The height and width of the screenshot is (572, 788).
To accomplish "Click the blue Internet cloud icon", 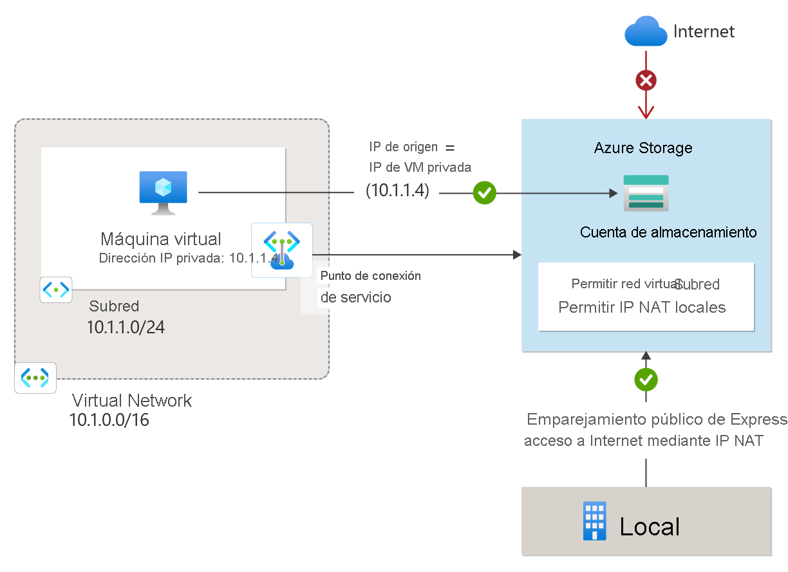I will tap(646, 32).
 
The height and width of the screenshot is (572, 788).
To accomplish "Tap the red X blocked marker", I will tap(646, 80).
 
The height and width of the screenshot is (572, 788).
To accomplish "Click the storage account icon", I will tap(646, 193).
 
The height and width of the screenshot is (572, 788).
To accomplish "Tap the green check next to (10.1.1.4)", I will tap(484, 192).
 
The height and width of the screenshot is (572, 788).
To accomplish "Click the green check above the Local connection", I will tap(646, 380).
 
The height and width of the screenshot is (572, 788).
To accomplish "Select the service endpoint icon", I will tap(281, 250).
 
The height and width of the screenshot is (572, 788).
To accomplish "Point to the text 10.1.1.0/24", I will tap(126, 328).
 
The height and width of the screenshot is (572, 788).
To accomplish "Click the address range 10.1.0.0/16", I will tap(109, 421).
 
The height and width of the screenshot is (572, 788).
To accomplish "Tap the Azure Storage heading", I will tap(643, 148).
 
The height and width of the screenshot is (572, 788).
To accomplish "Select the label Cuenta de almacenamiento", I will tap(668, 232).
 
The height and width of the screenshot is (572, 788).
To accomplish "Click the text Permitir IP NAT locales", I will tap(642, 308).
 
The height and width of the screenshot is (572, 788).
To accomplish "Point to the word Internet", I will tap(704, 32).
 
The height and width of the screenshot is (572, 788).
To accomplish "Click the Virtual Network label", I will tap(132, 400).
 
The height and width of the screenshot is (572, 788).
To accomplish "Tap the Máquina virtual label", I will tap(161, 239).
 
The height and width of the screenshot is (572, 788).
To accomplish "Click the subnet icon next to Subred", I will tap(55, 290).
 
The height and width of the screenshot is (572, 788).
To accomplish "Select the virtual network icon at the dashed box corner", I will tap(35, 378).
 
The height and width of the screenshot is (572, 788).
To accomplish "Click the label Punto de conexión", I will tap(371, 276).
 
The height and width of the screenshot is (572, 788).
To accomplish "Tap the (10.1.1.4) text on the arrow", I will tap(397, 191).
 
